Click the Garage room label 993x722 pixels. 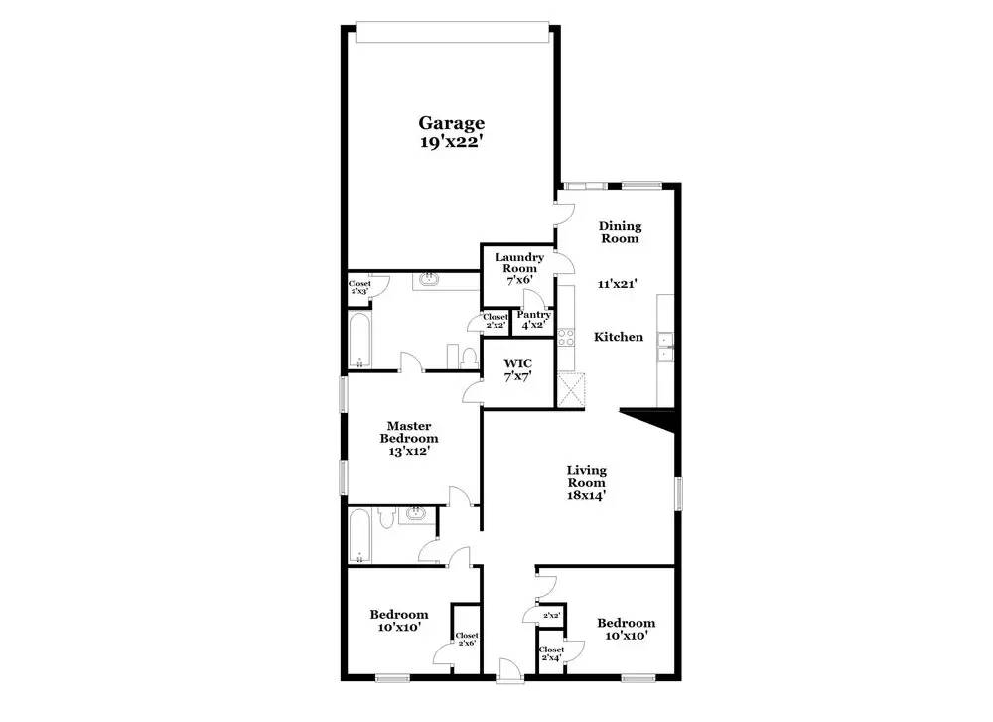(451, 123)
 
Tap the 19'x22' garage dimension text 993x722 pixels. (451, 141)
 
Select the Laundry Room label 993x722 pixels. (516, 263)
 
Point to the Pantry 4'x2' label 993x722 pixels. (533, 320)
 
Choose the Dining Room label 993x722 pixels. (619, 232)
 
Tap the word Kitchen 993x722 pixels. (618, 337)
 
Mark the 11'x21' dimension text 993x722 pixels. (617, 284)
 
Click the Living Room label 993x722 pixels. (586, 482)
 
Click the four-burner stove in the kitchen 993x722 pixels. (567, 337)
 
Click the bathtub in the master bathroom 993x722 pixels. (358, 341)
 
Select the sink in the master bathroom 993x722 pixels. (430, 280)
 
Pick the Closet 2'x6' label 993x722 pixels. (466, 639)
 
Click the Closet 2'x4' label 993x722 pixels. (551, 654)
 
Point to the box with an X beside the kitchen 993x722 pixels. (571, 388)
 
